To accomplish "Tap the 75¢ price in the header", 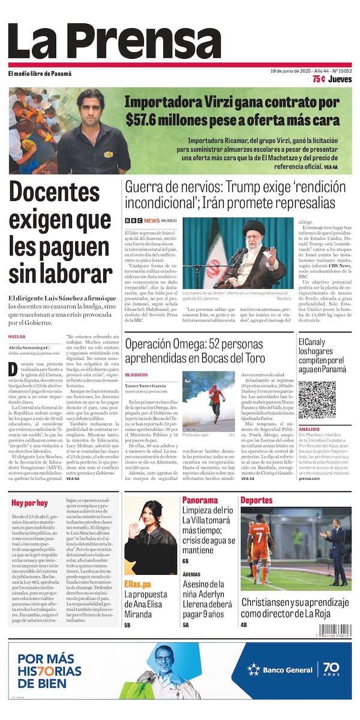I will (x=319, y=79).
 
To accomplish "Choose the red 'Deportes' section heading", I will (x=256, y=500).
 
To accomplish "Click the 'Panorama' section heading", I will (x=200, y=500).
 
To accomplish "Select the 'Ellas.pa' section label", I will (x=137, y=584).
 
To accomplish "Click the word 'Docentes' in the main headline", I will (x=55, y=191).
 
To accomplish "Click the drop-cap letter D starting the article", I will (x=13, y=369).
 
